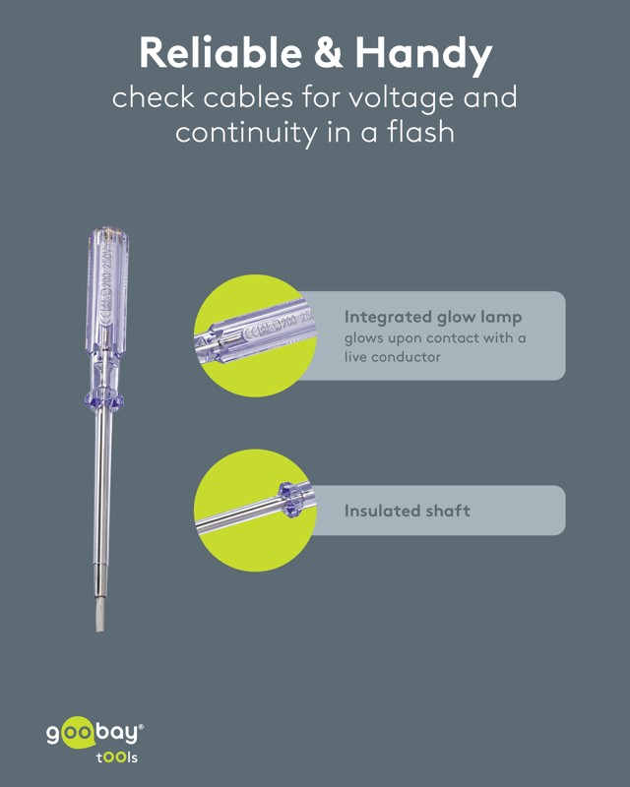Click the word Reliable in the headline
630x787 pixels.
[220, 53]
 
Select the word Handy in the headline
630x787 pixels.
[423, 55]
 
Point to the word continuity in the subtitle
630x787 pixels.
[247, 133]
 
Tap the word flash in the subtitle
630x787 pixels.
[420, 132]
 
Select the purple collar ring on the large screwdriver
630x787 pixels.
[104, 400]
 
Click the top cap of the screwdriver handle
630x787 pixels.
[107, 235]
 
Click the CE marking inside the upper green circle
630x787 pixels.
[251, 332]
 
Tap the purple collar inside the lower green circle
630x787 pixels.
[288, 500]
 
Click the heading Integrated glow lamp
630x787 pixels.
[433, 317]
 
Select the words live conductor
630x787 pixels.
[393, 357]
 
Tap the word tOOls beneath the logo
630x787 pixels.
[117, 757]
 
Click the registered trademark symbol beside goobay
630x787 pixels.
[141, 726]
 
